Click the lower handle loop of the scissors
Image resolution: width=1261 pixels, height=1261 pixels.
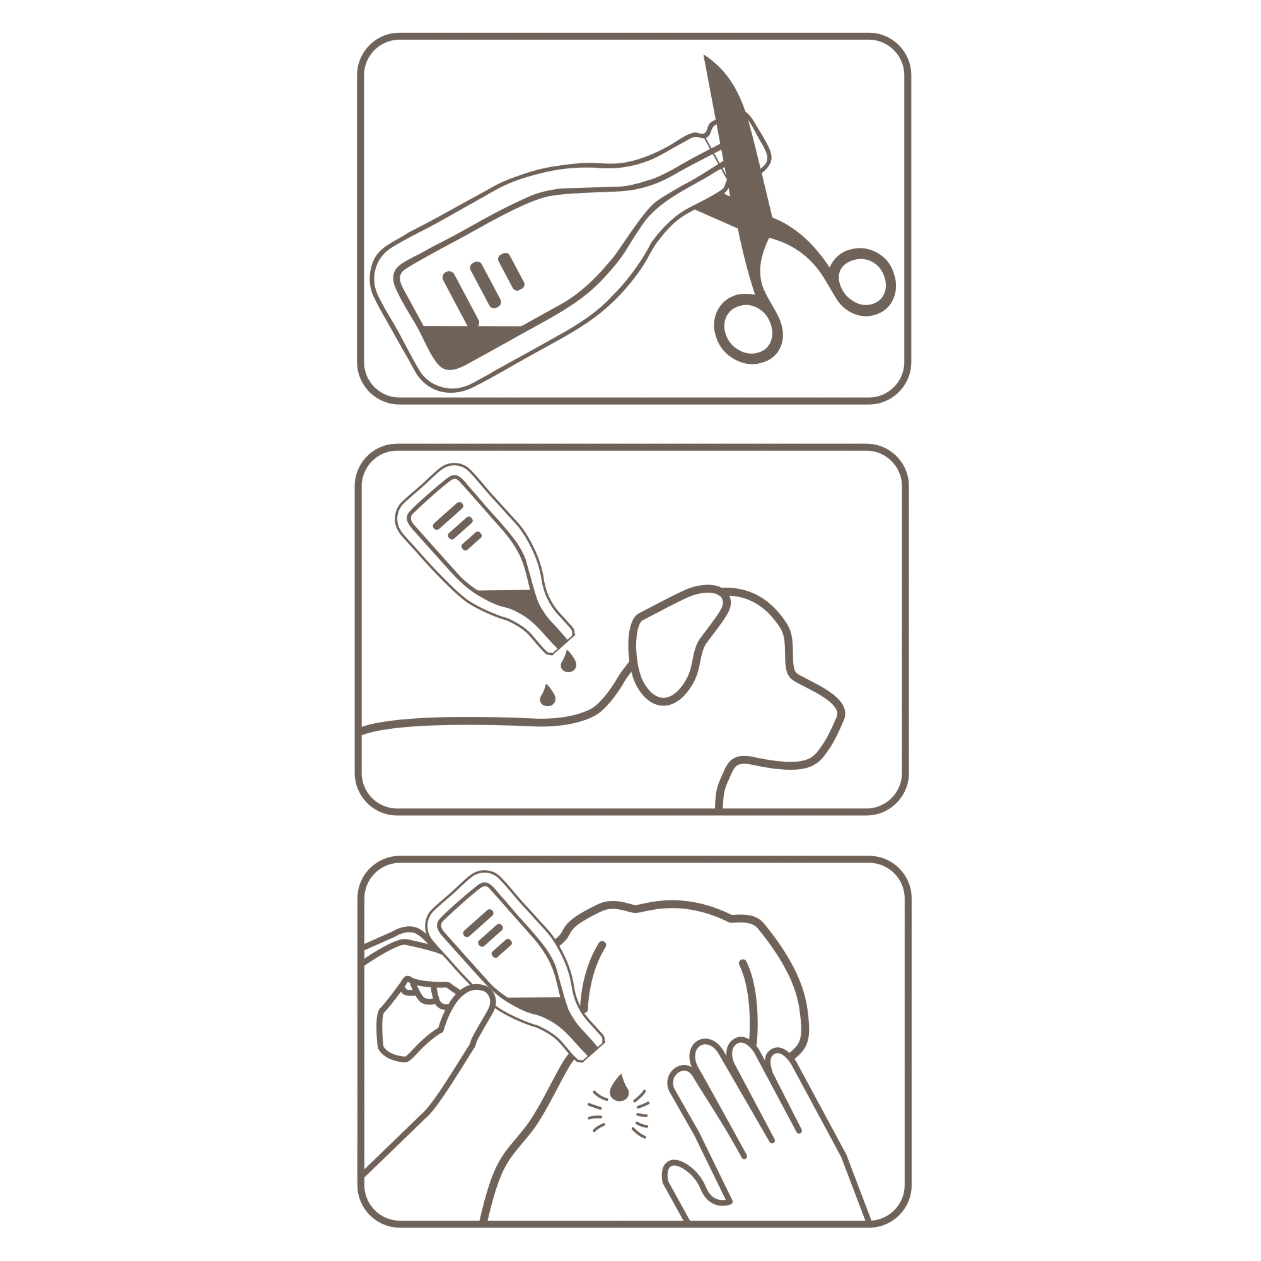pos(748,329)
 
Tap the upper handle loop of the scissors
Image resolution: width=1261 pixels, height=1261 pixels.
pos(861,281)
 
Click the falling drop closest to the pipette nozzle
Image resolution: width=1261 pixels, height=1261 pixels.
pos(568,662)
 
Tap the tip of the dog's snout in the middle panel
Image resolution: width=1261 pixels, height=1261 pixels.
pos(839,718)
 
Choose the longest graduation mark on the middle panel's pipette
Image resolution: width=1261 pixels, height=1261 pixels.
pos(448,516)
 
